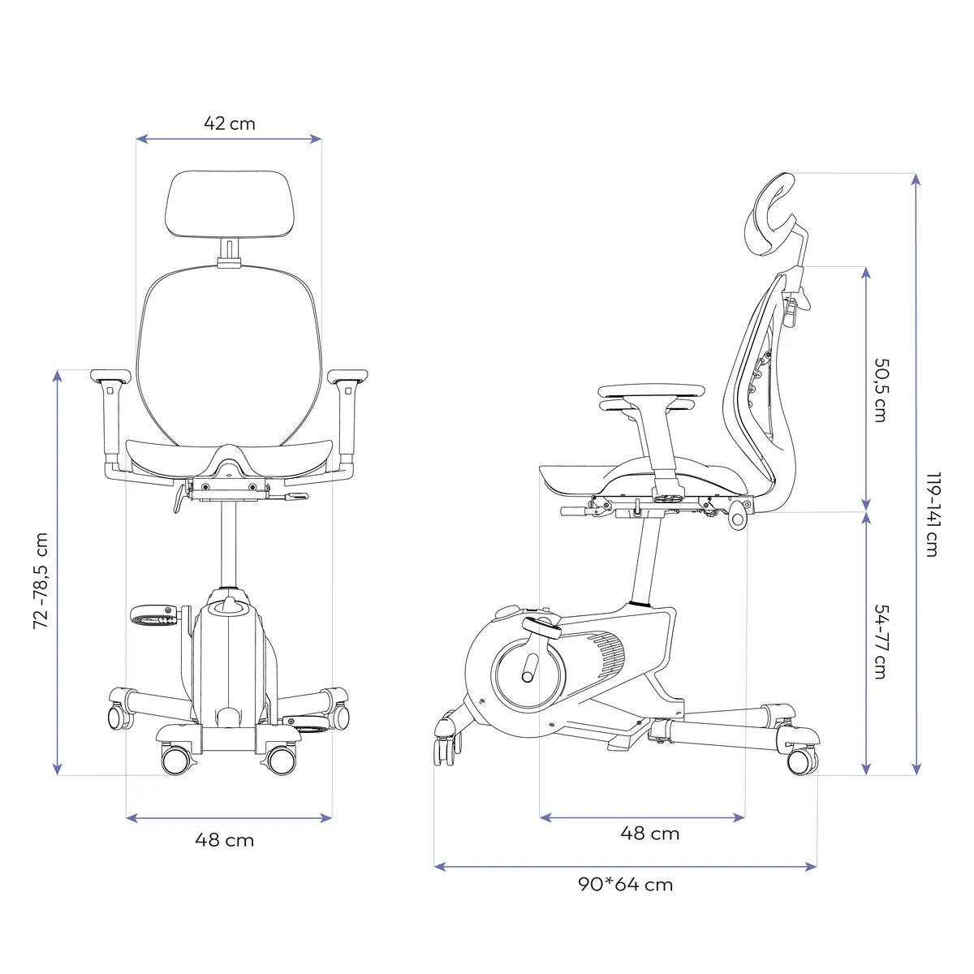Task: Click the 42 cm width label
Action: tap(229, 123)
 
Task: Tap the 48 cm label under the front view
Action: tap(224, 840)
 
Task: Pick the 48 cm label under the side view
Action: tap(649, 833)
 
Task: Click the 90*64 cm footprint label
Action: tap(625, 884)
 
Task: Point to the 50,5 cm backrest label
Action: tap(880, 390)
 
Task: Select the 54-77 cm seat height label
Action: tap(880, 641)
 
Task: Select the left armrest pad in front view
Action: tap(110, 376)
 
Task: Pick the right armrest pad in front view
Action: tap(347, 376)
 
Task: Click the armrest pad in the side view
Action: tap(649, 391)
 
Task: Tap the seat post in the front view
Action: tap(228, 544)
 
